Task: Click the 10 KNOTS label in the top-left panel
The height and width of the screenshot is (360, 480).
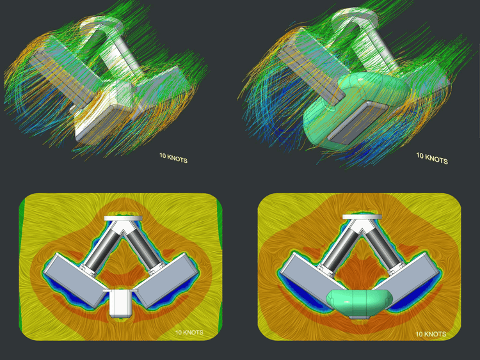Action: pos(173,158)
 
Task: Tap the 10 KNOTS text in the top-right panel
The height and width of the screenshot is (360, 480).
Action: pos(432,158)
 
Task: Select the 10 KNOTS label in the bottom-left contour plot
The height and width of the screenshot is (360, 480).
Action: pos(189,333)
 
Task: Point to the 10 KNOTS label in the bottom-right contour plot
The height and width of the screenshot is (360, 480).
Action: pos(431,334)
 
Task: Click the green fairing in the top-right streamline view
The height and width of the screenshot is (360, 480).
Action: pos(355,110)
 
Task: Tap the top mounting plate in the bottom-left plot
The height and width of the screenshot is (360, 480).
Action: pos(123,219)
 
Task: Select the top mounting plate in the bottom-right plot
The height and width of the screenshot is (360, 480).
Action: pos(362,217)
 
